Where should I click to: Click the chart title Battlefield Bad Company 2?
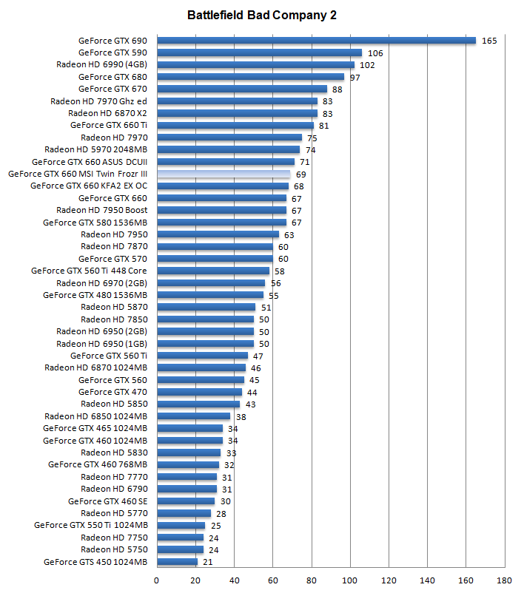(x=262, y=16)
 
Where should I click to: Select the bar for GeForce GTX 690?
(x=316, y=41)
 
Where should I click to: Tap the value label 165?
(x=489, y=41)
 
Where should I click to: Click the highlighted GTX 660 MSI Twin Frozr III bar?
(x=224, y=174)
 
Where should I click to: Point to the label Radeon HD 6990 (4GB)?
(x=101, y=64)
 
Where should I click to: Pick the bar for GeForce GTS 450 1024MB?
(x=177, y=562)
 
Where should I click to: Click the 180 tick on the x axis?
(x=504, y=580)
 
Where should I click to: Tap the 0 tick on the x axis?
(x=156, y=580)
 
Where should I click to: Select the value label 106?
(x=375, y=53)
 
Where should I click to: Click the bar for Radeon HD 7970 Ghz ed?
(x=237, y=101)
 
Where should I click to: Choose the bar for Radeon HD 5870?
(x=206, y=307)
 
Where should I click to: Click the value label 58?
(x=279, y=271)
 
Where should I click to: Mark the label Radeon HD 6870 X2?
(x=107, y=113)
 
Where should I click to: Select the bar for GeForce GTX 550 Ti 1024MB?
(x=181, y=526)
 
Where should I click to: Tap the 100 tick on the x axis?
(x=349, y=580)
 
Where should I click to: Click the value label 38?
(x=241, y=416)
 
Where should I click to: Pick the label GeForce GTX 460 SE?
(x=107, y=501)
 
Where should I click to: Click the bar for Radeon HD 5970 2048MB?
(x=228, y=149)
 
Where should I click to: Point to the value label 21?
(x=208, y=562)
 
